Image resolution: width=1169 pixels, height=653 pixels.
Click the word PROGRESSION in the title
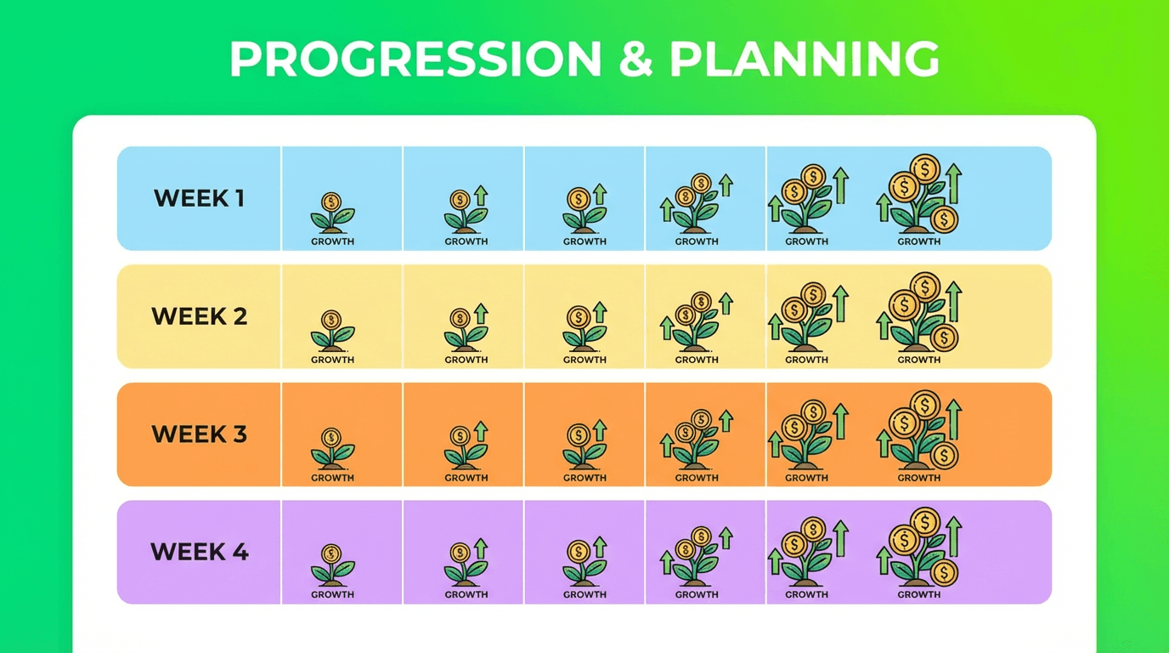point(415,60)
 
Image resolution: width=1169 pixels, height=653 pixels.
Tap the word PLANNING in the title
point(805,60)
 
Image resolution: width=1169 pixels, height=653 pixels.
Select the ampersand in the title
point(634,60)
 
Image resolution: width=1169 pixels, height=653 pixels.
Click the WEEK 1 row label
point(199,199)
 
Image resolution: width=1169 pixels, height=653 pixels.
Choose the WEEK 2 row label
point(199,317)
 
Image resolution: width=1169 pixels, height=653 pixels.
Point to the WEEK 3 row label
point(199,434)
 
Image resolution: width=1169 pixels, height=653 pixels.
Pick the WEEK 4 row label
point(199,552)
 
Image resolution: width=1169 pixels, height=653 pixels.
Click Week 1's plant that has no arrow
point(332,213)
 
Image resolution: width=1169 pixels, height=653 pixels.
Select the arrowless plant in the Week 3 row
point(332,448)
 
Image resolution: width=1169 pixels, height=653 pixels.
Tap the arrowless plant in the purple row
point(332,565)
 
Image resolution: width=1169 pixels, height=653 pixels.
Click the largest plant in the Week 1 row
point(920,195)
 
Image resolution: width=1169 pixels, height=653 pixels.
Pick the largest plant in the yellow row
point(920,313)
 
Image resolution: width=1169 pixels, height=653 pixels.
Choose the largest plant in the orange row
point(920,430)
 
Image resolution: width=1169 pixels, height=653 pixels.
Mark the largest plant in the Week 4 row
point(920,548)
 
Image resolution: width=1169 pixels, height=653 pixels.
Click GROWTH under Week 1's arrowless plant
point(332,241)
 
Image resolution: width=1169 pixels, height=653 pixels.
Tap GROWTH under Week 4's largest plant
point(919,594)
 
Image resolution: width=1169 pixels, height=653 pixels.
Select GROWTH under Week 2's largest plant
point(919,360)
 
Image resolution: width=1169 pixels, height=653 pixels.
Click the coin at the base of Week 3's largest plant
point(944,455)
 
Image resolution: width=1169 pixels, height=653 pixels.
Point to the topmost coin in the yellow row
point(924,285)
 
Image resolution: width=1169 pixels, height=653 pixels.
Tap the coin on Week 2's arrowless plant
point(331,320)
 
